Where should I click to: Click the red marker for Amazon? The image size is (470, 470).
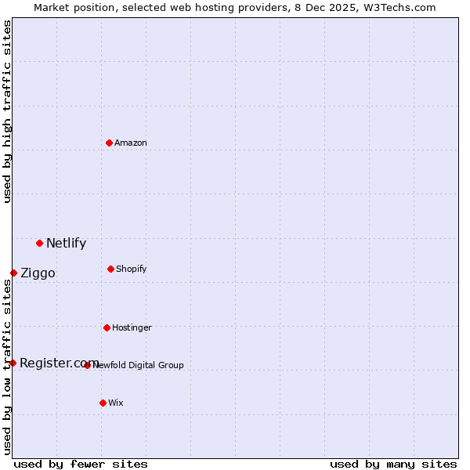(109, 143)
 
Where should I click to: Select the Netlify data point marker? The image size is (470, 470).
(39, 243)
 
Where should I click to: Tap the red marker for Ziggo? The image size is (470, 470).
(13, 273)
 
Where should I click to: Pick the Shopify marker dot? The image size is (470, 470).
(110, 269)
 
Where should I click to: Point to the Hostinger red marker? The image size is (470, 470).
(107, 327)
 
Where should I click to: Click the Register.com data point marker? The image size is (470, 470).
(13, 363)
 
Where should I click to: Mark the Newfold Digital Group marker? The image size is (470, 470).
(87, 365)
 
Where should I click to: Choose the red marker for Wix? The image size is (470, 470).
(103, 403)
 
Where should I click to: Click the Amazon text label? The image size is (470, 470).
(131, 143)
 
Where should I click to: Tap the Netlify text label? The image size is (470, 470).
(66, 243)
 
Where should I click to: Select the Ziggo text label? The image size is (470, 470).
(38, 273)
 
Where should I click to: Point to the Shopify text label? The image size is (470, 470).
(132, 269)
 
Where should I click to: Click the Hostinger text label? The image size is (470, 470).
(132, 327)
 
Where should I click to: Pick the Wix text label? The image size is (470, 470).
(116, 403)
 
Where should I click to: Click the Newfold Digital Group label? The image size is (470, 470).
(139, 365)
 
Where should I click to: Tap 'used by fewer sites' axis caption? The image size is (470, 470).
(81, 465)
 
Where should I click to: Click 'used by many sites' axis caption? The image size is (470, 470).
(393, 465)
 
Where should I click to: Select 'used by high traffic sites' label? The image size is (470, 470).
(7, 111)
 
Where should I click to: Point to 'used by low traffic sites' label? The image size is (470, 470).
(7, 367)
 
